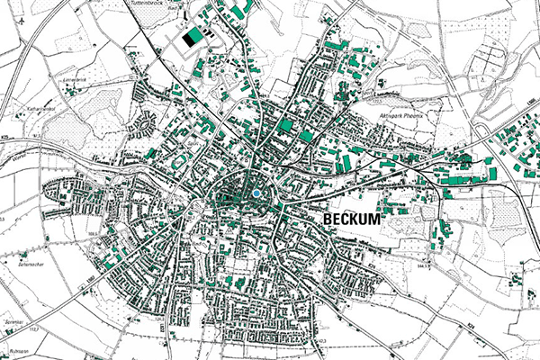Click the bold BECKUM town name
(350, 220)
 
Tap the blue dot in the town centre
(256, 193)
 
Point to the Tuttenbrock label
(173, 4)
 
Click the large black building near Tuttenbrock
(192, 37)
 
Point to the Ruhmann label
(13, 350)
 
